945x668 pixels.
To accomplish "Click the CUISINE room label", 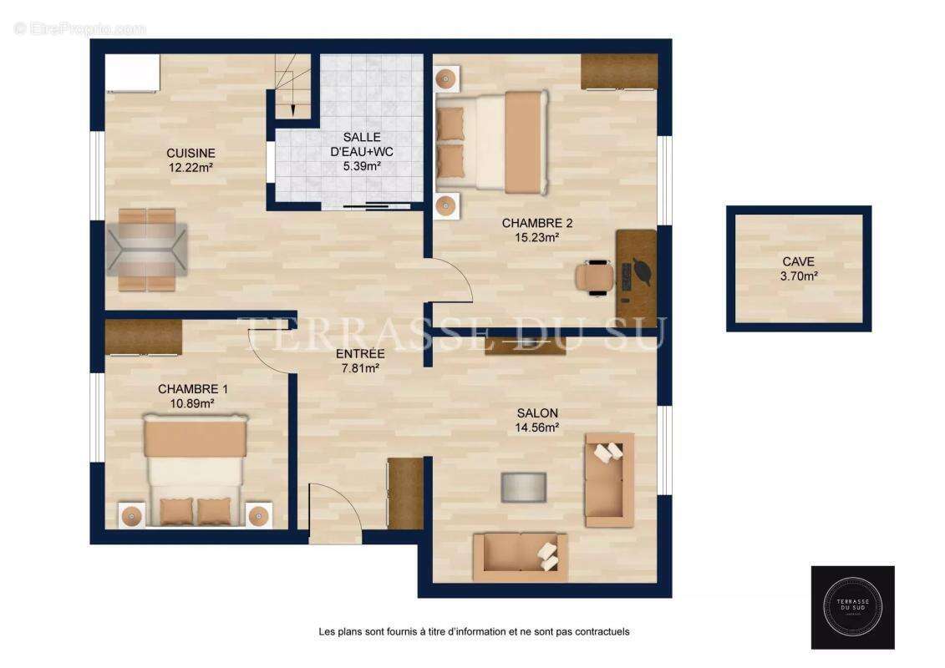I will pyautogui.click(x=191, y=154).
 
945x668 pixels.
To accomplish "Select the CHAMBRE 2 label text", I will pyautogui.click(x=536, y=223).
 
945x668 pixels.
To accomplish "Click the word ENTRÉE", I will pyautogui.click(x=359, y=354).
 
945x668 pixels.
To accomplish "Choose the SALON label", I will pyautogui.click(x=537, y=413).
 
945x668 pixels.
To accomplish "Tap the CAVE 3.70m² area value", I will pyautogui.click(x=797, y=276).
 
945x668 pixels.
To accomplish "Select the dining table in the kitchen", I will pyautogui.click(x=146, y=250).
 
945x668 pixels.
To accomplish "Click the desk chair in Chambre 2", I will pyautogui.click(x=595, y=276).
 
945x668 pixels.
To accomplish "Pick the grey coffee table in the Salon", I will pyautogui.click(x=523, y=487).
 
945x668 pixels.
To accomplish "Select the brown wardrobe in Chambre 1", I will pyautogui.click(x=144, y=337).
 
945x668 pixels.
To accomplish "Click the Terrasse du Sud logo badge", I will pyautogui.click(x=852, y=607).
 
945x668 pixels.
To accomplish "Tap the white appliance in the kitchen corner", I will pyautogui.click(x=132, y=73).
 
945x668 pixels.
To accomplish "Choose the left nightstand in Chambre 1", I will pyautogui.click(x=132, y=515).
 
